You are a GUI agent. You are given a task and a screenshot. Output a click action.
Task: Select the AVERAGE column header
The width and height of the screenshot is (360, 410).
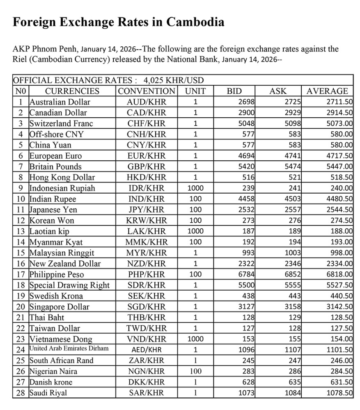click(327, 91)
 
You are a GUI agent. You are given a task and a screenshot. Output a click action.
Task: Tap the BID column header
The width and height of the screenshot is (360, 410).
click(234, 91)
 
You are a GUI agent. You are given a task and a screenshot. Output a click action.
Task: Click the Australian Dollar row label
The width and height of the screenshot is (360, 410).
click(60, 102)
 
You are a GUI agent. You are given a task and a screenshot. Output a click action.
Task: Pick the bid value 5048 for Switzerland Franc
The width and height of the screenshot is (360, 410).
click(246, 123)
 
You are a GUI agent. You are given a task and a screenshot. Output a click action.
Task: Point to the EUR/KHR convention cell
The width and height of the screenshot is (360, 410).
click(147, 156)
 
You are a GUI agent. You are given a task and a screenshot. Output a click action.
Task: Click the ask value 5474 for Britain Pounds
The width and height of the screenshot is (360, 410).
click(292, 166)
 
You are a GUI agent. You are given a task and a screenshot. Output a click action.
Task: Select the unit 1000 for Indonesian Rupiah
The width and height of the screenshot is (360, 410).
click(195, 188)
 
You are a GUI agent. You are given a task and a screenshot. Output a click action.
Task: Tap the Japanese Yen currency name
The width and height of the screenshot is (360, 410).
click(53, 210)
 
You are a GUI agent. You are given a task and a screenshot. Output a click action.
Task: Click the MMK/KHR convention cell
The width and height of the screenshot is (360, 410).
click(147, 242)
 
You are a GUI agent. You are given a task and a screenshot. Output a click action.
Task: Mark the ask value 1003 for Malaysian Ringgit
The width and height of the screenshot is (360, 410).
click(292, 253)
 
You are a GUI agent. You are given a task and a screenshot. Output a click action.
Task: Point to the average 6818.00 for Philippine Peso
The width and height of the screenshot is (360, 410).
click(339, 274)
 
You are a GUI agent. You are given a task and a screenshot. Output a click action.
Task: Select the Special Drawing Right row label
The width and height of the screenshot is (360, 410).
click(69, 285)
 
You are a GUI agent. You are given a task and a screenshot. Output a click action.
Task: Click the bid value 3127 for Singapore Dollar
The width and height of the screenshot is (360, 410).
click(246, 307)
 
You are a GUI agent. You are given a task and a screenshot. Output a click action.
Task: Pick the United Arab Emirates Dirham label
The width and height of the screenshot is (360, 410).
click(69, 349)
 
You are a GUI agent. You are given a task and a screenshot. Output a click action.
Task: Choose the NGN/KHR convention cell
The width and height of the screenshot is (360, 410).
click(147, 371)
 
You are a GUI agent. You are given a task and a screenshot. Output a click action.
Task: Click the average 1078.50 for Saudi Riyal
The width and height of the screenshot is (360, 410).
click(339, 393)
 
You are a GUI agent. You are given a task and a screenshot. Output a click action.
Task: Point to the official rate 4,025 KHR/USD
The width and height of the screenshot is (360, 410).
click(174, 80)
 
